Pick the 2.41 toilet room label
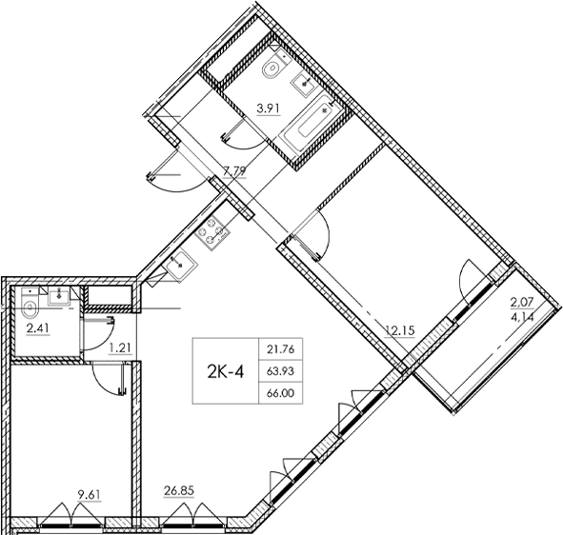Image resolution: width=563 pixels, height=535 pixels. pyautogui.click(x=38, y=329)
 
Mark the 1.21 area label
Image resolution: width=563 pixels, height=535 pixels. pyautogui.click(x=120, y=347)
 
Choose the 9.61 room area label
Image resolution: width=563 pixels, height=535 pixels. pyautogui.click(x=90, y=495)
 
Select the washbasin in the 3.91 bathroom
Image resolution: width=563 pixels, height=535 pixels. pyautogui.click(x=307, y=83)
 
